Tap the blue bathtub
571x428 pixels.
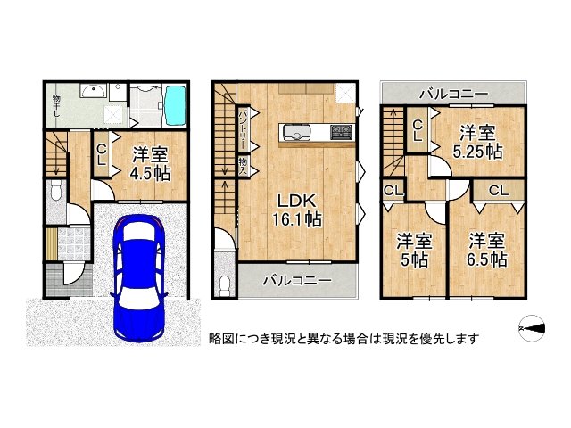click(174, 107)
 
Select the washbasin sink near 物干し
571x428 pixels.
click(92, 92)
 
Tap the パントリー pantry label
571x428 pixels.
click(243, 130)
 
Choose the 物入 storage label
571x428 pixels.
click(243, 166)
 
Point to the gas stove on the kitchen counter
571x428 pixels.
click(340, 134)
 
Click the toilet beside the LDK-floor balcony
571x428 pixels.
click(224, 284)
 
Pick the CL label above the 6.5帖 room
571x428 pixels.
click(498, 189)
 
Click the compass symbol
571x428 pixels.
click(534, 331)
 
